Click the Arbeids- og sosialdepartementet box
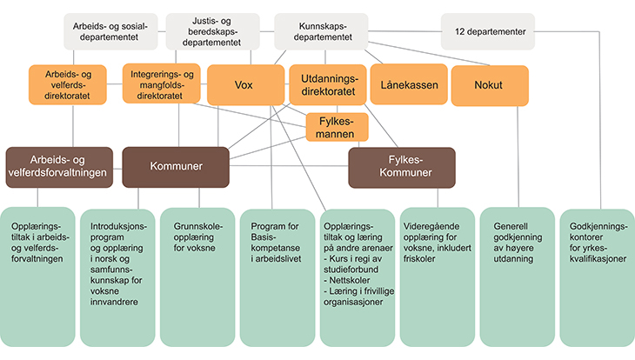(108, 31)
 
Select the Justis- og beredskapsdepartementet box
(211, 31)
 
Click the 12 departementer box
(488, 31)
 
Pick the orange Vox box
(243, 85)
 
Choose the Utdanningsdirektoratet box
(327, 85)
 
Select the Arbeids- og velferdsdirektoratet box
(71, 86)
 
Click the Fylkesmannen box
(337, 129)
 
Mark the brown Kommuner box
(175, 165)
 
